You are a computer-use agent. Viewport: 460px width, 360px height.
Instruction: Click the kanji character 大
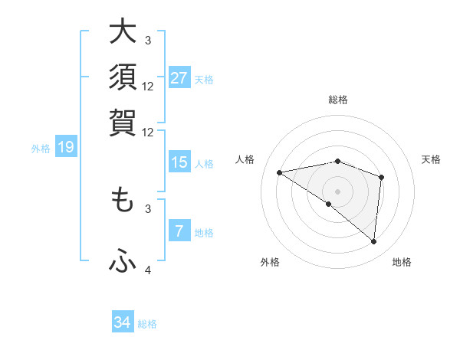click(x=123, y=32)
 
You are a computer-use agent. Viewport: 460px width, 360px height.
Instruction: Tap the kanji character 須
click(x=123, y=77)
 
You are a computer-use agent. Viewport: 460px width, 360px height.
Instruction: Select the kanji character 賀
click(x=123, y=123)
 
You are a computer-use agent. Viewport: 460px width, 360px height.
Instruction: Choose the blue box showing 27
click(x=179, y=78)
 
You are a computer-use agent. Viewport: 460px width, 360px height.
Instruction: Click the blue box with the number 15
click(x=179, y=162)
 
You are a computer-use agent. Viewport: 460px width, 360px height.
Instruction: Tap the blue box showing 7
click(x=179, y=231)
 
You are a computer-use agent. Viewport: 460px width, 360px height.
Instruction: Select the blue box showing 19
click(x=66, y=147)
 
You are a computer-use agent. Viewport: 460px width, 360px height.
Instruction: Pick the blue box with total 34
click(x=123, y=322)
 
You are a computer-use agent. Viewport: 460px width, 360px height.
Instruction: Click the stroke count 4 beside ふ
click(x=148, y=270)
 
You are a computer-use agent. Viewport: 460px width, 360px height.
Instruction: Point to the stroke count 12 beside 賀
click(x=148, y=132)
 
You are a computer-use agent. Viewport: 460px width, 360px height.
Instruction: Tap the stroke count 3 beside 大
click(x=148, y=40)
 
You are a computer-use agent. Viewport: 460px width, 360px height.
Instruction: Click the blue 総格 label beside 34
click(x=147, y=324)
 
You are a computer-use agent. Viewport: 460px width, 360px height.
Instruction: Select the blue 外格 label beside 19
click(x=40, y=149)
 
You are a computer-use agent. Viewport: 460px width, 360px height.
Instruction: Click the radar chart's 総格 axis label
click(x=337, y=100)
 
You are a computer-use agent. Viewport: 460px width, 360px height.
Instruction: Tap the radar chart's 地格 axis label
click(x=402, y=263)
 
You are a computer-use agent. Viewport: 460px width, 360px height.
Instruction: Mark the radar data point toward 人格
click(x=279, y=172)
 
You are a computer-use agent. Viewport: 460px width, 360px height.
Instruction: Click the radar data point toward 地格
click(x=374, y=242)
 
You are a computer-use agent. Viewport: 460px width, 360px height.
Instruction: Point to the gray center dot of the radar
click(x=337, y=191)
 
